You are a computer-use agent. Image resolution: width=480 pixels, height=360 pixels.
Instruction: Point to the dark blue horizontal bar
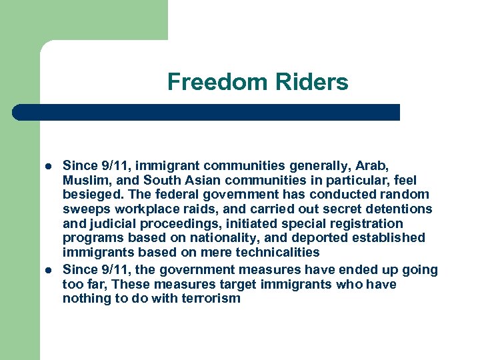(207, 112)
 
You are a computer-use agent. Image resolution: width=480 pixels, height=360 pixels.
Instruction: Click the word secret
(329, 209)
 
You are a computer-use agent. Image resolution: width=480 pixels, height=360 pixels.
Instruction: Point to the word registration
(364, 223)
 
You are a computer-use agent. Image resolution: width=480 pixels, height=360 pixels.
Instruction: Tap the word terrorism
(208, 299)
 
